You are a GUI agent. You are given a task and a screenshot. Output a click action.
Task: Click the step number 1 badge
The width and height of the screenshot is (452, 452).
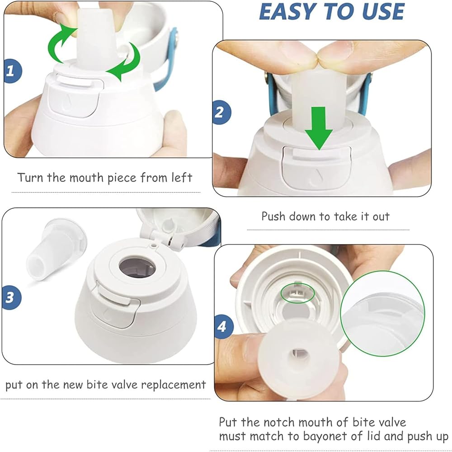point(12,71)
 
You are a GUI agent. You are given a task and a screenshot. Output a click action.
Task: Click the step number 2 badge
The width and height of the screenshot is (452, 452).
point(221,112)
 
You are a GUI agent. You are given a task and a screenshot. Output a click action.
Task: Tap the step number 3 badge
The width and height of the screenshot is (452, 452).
point(12,297)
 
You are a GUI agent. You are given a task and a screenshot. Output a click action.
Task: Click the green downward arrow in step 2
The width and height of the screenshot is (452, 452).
point(319,128)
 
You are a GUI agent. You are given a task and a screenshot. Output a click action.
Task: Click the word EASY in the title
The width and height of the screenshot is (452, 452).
point(289,12)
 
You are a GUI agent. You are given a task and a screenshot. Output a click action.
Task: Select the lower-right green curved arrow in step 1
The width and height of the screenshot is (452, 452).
point(124,62)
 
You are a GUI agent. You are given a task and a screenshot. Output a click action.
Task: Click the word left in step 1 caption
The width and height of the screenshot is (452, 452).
point(182,177)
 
